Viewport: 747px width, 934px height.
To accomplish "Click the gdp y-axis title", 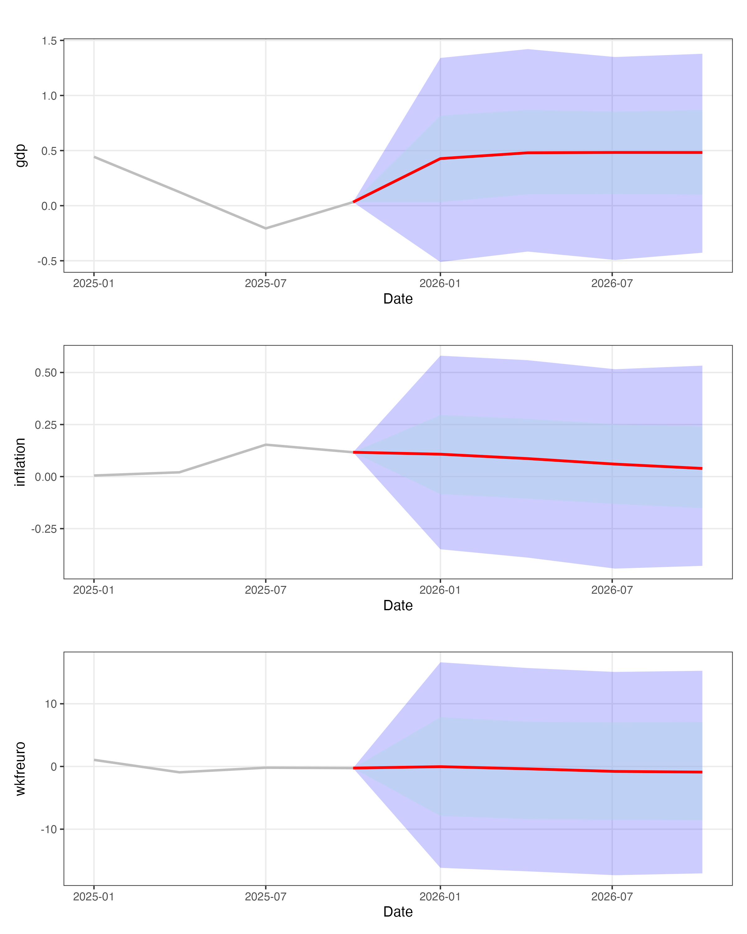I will click(x=20, y=156).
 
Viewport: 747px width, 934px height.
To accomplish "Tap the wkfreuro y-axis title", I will click(x=20, y=768).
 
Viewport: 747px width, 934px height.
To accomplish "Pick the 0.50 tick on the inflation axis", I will click(x=46, y=373).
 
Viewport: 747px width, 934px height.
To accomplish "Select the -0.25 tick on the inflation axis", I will click(x=44, y=529).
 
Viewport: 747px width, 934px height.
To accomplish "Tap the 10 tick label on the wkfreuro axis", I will click(x=51, y=704).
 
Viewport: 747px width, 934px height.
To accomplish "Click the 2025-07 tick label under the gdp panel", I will click(x=265, y=284).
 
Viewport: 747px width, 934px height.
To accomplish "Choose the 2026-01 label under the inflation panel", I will click(x=440, y=590).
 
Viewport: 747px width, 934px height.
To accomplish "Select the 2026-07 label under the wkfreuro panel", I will click(x=612, y=896).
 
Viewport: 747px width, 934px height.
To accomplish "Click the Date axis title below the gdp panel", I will click(x=397, y=299).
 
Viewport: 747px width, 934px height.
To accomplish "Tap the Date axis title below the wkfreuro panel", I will click(x=397, y=912).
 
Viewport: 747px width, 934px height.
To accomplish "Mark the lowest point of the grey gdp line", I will click(x=265, y=228).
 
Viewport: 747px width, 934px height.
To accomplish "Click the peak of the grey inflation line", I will click(x=265, y=445).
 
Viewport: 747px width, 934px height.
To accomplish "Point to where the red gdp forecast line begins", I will click(x=354, y=202).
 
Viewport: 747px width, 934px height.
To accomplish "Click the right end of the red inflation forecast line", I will click(x=702, y=468).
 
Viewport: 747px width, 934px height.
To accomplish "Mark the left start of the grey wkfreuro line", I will click(x=94, y=760).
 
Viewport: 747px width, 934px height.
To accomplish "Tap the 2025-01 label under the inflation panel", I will click(x=94, y=590).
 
